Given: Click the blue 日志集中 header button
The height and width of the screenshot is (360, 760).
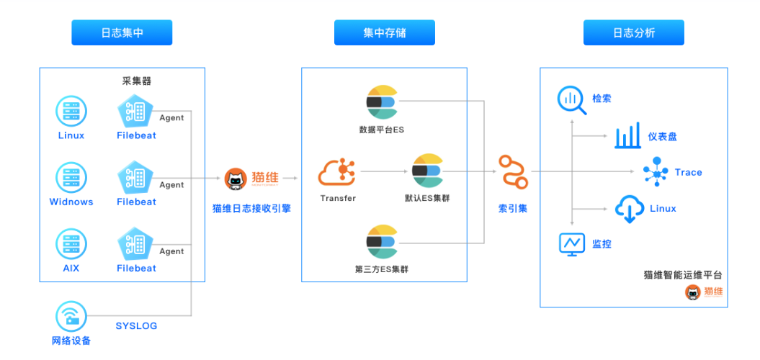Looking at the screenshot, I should tap(122, 33).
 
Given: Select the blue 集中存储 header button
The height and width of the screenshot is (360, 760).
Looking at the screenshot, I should tap(384, 33).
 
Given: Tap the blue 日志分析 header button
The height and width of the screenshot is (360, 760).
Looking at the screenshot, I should tap(633, 33).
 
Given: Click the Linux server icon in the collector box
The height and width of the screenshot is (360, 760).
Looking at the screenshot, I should tap(71, 111).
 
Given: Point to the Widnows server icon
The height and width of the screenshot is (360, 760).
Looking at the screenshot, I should tap(71, 177).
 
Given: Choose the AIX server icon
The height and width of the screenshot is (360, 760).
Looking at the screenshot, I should tap(71, 244).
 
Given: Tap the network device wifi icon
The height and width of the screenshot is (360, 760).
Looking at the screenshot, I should tap(71, 317).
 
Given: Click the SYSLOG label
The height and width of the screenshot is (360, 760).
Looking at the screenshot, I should tap(136, 326).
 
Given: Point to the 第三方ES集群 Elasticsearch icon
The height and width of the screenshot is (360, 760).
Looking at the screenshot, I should tap(382, 242).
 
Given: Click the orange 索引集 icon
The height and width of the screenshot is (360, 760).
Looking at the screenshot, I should tap(513, 171).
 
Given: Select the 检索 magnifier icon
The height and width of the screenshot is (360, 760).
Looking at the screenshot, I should tap(572, 100).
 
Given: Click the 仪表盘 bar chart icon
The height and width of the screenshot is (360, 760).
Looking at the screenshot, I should tap(627, 136).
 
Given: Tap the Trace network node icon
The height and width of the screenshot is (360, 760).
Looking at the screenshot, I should tap(656, 172).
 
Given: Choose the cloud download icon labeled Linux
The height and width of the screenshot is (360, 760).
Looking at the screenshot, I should tap(629, 209).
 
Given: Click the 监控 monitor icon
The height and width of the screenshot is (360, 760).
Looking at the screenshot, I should tap(572, 244).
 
